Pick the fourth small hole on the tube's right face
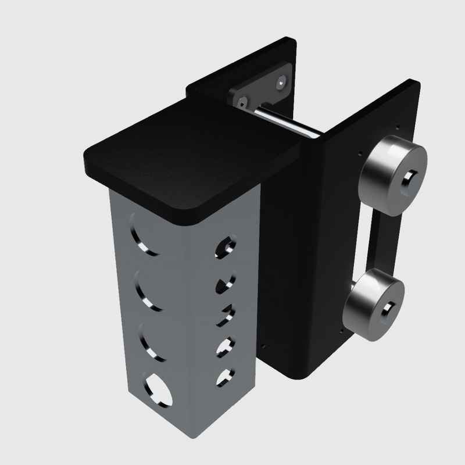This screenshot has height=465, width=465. [223, 347]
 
